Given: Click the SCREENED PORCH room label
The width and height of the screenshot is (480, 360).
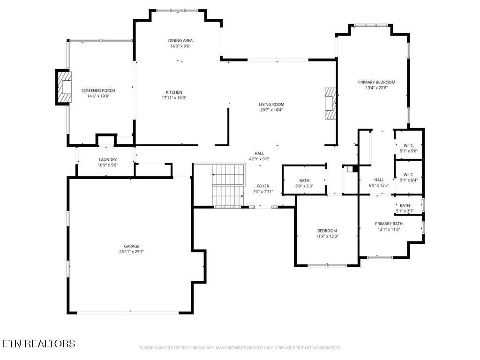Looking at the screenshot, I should coord(98,90).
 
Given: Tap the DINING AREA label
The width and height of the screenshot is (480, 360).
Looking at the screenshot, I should coord(180,40).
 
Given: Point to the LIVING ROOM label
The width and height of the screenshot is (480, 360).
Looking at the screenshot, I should coord(271,104).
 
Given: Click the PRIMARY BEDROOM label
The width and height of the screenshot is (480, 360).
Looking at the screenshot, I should coord(376,82).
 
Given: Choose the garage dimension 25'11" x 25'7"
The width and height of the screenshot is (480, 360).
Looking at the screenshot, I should coord(132,252).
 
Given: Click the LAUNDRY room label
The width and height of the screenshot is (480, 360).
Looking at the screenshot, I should coord(107,159).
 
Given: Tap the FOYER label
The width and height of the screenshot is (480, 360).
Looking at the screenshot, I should coord(263,186).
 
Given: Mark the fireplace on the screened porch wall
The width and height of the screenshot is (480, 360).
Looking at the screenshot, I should coord(64,87).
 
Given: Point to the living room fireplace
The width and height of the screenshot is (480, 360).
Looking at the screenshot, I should coord(331,104).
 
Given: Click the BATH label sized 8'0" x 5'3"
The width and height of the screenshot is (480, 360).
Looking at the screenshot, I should coord(304,180).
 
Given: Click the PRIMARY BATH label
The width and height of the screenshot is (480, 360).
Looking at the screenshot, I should coord(389,224).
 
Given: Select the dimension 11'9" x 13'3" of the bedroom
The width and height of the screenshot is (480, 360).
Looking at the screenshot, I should coord(327,236).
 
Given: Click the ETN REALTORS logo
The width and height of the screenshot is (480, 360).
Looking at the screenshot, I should coord(38,344).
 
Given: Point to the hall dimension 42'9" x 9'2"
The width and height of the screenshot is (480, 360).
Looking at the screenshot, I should coord(259,159).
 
